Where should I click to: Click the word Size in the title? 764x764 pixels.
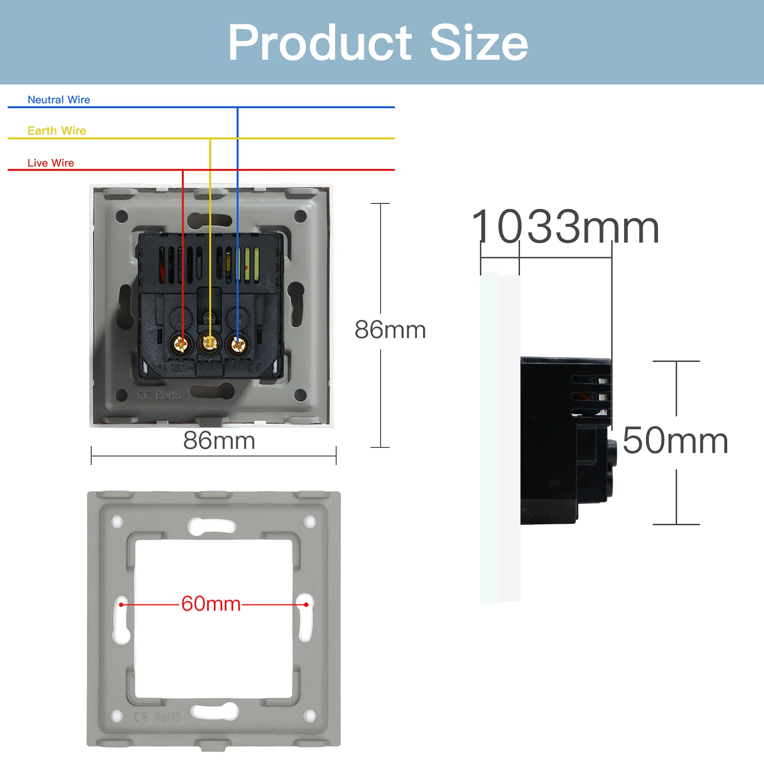point(479,43)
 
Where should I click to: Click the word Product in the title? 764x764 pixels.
point(319,43)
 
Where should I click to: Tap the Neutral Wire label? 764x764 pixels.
point(59,100)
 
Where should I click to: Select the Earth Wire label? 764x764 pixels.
point(57,131)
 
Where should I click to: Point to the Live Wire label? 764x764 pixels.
point(51,163)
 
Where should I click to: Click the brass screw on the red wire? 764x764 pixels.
point(181,343)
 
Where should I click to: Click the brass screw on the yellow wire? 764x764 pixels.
point(209,342)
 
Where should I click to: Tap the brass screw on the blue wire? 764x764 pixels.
point(237,343)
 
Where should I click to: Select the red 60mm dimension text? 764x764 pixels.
point(211,604)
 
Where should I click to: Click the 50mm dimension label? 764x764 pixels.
point(675,441)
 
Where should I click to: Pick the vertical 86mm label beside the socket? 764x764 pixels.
point(390,330)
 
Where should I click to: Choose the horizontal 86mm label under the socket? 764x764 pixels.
point(219,440)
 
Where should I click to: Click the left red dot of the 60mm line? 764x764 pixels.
point(121,605)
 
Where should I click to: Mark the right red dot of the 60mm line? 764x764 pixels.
point(306,605)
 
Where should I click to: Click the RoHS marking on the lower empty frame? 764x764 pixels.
point(167,717)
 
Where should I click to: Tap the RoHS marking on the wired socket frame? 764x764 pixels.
point(168,395)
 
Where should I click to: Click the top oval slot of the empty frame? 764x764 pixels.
point(212,527)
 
